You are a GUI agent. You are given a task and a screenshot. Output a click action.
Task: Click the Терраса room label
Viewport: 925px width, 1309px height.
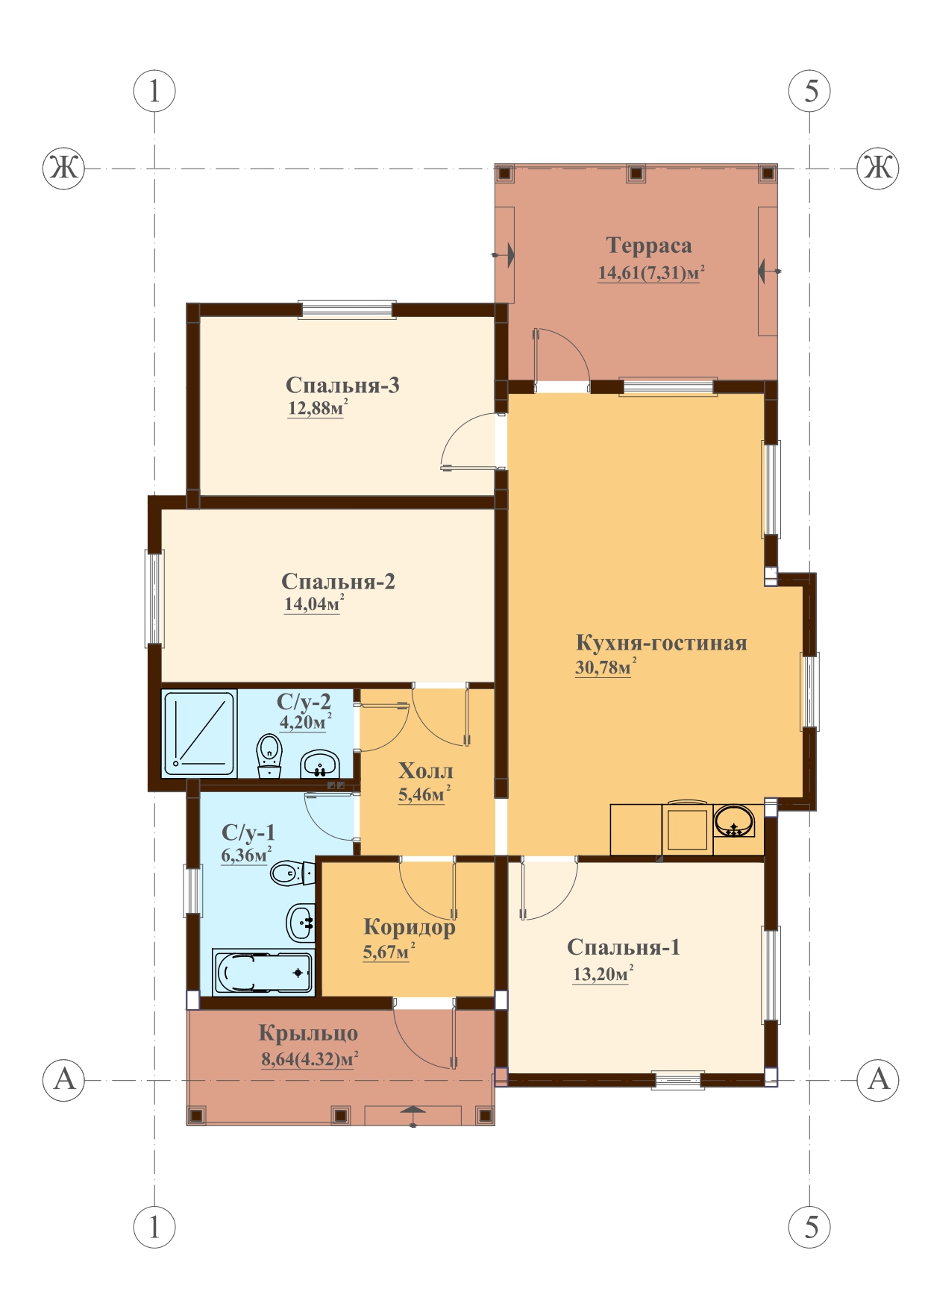pyautogui.click(x=648, y=245)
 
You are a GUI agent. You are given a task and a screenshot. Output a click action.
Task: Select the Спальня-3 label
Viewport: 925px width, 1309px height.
pyautogui.click(x=342, y=385)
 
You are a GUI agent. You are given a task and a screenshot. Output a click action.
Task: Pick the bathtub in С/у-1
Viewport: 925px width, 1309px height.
pyautogui.click(x=263, y=972)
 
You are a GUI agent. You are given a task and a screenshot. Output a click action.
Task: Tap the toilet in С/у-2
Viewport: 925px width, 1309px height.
pyautogui.click(x=269, y=756)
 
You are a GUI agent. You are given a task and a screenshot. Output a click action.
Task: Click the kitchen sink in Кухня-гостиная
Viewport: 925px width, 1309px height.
pyautogui.click(x=734, y=820)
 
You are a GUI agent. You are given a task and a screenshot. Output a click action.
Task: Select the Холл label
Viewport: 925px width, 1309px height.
pyautogui.click(x=425, y=770)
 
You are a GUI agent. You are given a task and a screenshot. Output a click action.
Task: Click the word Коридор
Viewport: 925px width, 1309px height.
pyautogui.click(x=409, y=927)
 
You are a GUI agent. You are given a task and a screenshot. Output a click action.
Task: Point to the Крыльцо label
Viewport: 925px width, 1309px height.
pyautogui.click(x=308, y=1034)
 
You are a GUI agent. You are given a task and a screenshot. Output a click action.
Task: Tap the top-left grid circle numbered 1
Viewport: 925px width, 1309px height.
pyautogui.click(x=154, y=91)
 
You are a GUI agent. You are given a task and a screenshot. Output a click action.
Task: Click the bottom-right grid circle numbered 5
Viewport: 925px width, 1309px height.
pyautogui.click(x=810, y=1226)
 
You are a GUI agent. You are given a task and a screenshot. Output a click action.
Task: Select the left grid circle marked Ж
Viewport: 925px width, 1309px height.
pyautogui.click(x=63, y=168)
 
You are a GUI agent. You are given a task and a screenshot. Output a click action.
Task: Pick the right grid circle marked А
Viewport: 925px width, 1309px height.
pyautogui.click(x=878, y=1079)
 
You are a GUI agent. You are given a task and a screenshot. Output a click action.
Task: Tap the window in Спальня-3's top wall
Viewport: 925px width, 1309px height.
pyautogui.click(x=347, y=310)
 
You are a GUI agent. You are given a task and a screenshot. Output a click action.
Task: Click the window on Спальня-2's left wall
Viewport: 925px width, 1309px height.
pyautogui.click(x=154, y=598)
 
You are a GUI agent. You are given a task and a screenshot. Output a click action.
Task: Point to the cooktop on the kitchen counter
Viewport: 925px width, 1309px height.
pyautogui.click(x=687, y=827)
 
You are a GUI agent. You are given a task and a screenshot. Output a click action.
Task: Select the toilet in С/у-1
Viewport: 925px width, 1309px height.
pyautogui.click(x=292, y=872)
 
